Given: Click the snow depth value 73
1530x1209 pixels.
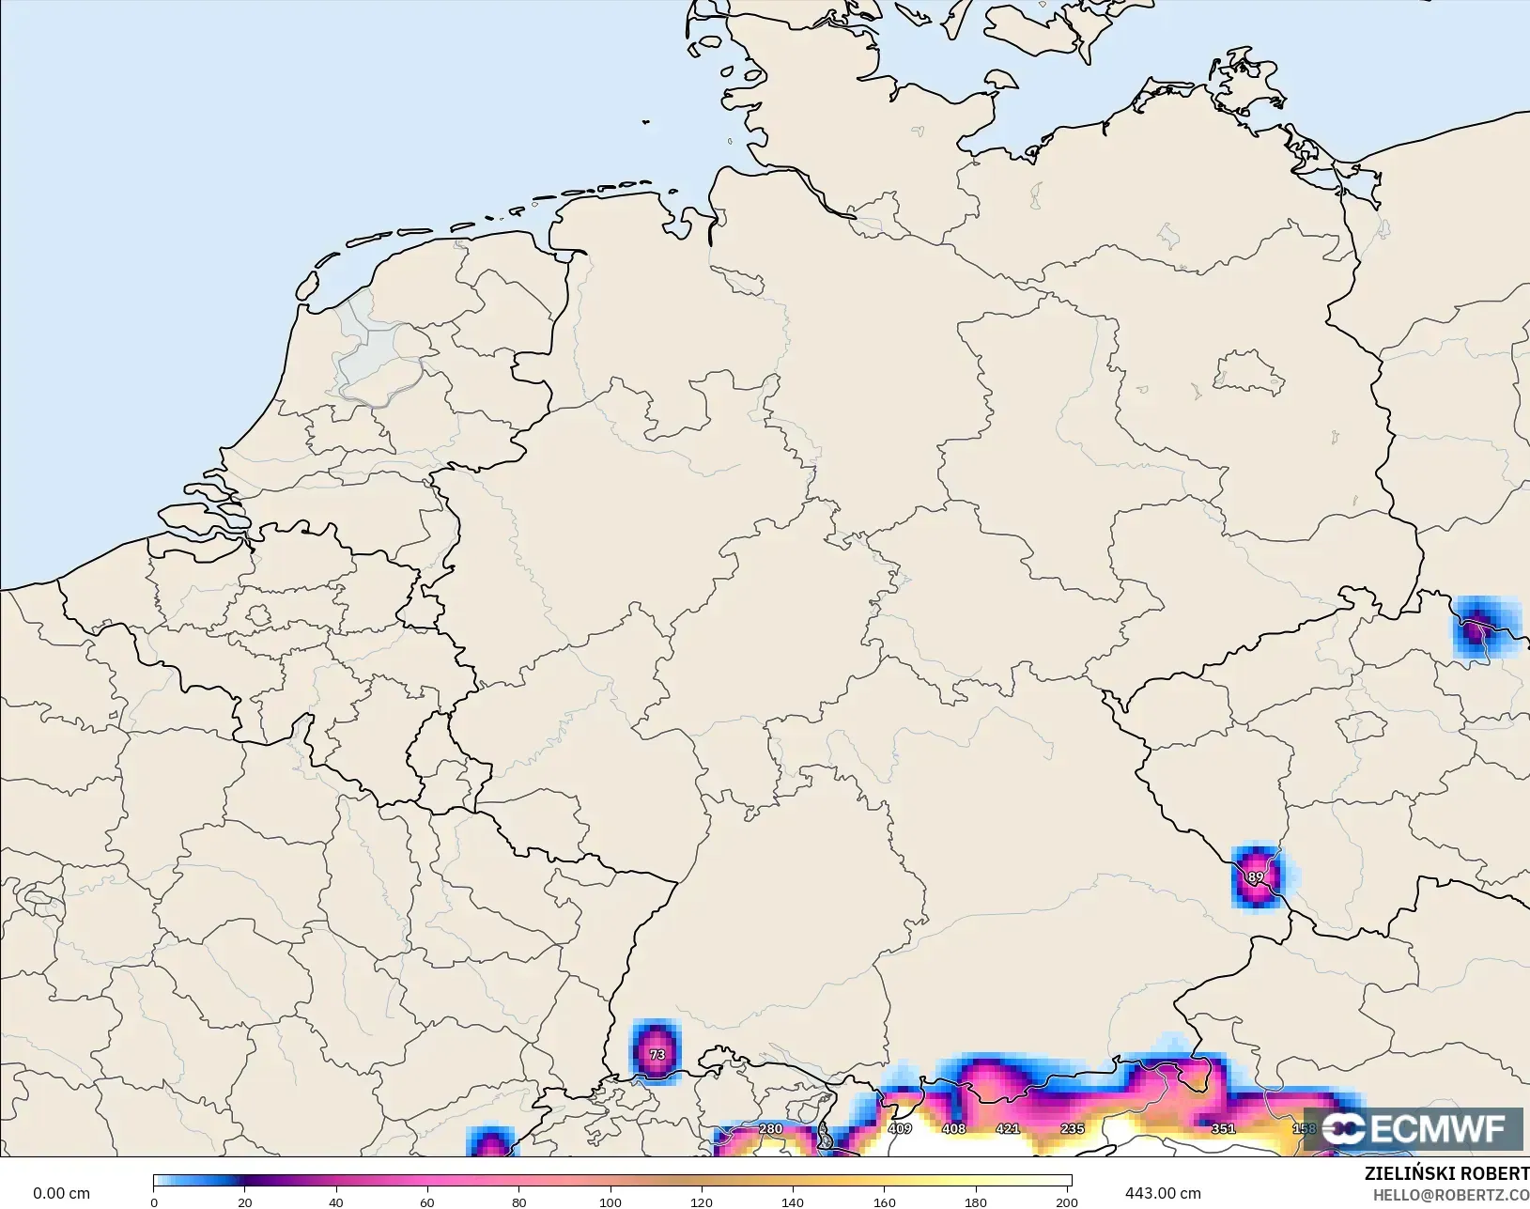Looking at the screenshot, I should (x=657, y=1055).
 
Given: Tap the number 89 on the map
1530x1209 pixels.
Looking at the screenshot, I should (x=1256, y=877).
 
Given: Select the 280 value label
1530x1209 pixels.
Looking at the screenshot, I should (x=770, y=1129).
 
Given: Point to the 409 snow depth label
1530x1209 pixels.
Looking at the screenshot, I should (x=900, y=1128).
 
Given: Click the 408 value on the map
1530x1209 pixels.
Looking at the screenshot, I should (x=954, y=1128).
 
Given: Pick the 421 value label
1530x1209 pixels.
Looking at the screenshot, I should (x=1008, y=1128).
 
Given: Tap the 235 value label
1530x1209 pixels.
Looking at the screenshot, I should (x=1072, y=1128).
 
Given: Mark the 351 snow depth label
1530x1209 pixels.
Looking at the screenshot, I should (x=1223, y=1128).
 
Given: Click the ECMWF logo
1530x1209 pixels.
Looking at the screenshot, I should (x=1413, y=1128).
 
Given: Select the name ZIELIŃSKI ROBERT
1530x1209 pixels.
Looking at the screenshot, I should (x=1446, y=1174).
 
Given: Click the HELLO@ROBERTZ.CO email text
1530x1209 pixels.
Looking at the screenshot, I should (x=1451, y=1195).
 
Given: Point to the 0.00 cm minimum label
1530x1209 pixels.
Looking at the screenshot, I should (x=62, y=1193).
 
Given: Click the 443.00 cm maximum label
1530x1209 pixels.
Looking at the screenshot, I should (x=1163, y=1193).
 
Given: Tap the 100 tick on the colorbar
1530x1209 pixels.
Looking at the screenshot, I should (x=610, y=1201).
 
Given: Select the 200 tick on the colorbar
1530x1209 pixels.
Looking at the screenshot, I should (x=1067, y=1201).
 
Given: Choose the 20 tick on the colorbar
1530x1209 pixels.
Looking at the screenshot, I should (x=245, y=1201).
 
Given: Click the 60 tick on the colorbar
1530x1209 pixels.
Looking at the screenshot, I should (x=427, y=1201).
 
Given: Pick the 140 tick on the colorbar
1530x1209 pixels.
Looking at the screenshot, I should (x=793, y=1201).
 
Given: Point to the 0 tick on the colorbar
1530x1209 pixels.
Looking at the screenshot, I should (x=154, y=1201).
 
